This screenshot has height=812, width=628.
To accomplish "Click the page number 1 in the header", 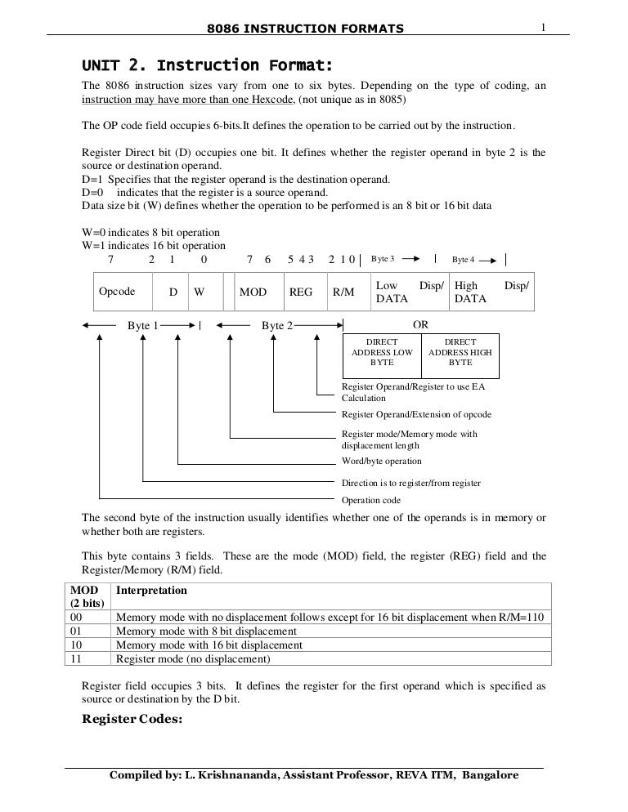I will [x=542, y=29].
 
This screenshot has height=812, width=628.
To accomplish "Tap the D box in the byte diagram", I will [x=173, y=292].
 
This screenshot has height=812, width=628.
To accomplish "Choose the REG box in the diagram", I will [x=301, y=292].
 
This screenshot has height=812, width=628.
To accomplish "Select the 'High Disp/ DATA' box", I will [x=491, y=292].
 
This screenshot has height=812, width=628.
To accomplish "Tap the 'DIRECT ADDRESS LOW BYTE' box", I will [x=382, y=351].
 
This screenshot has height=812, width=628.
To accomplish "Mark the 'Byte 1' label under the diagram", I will [x=142, y=325].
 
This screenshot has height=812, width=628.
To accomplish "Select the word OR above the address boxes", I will [x=420, y=324].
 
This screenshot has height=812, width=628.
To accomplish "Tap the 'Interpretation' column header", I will [x=152, y=590].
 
